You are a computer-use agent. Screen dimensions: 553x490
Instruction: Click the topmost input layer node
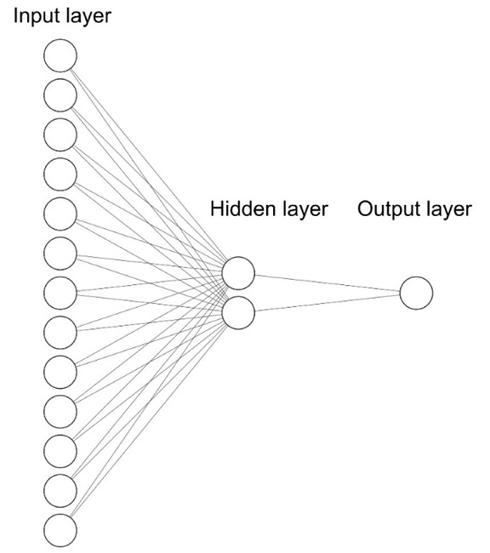[x=60, y=55]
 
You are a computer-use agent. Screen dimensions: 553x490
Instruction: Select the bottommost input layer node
[x=60, y=530]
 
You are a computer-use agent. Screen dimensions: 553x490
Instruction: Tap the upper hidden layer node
[x=238, y=273]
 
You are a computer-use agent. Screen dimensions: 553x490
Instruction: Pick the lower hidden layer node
[x=238, y=312]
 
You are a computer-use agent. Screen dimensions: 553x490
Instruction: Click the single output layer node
[x=416, y=293]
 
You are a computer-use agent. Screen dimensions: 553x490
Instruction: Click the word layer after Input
[x=88, y=17]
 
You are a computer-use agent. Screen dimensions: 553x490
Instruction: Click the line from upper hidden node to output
[x=328, y=282]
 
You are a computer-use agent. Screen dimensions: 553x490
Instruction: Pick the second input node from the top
[x=60, y=94]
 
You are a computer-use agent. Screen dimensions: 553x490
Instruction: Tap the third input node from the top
[x=60, y=134]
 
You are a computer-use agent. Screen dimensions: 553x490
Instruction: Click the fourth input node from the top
[x=60, y=174]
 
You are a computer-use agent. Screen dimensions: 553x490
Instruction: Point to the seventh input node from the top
[x=60, y=293]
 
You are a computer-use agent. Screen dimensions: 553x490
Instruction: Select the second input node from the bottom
[x=60, y=490]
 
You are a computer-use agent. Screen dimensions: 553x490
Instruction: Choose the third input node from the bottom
[x=60, y=451]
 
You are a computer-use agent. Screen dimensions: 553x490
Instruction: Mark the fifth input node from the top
[x=60, y=214]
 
